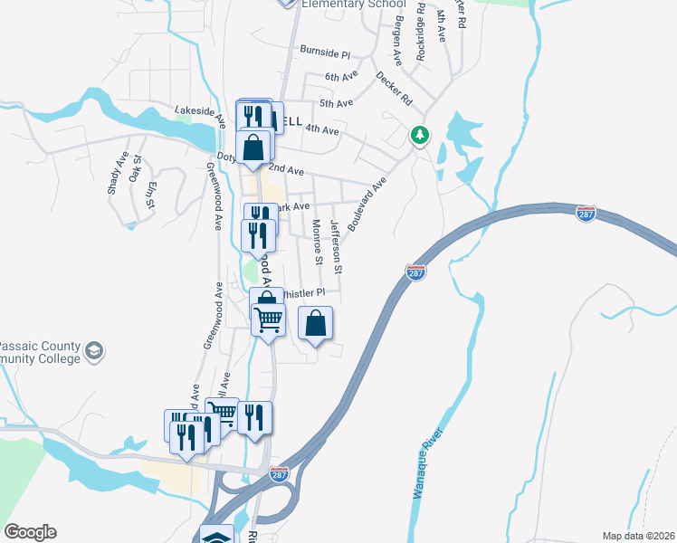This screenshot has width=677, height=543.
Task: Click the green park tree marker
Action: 419,135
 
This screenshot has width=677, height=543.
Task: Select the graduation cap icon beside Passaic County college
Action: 93,351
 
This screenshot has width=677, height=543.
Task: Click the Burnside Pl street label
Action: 325,52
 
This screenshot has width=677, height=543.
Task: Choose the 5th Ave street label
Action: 337,103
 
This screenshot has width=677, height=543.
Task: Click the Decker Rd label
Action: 394,88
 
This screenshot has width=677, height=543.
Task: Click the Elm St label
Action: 151,195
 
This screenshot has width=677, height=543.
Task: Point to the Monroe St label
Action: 317,242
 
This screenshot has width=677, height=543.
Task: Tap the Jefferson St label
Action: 336,246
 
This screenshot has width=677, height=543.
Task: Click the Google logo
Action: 30,532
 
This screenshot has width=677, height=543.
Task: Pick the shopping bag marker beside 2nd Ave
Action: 254,148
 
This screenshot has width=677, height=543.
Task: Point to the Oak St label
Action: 136,169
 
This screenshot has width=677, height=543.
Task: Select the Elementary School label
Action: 354,5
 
